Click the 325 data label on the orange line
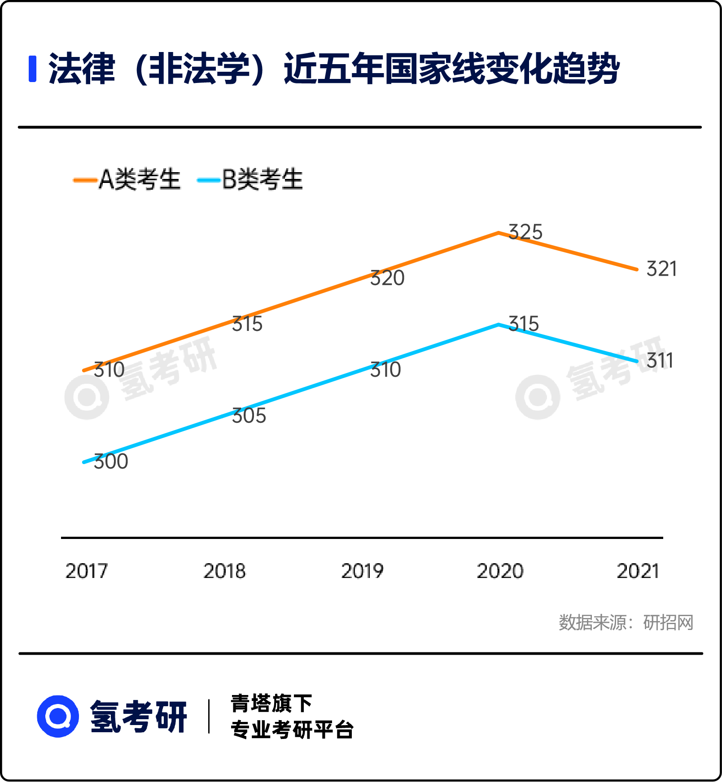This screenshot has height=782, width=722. coord(525,232)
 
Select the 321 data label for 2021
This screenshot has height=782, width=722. coord(661,269)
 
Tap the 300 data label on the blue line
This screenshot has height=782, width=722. coord(111,461)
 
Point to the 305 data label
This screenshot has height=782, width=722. coord(249,416)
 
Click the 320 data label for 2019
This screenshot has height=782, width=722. coord(387,278)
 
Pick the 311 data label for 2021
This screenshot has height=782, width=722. coord(660,361)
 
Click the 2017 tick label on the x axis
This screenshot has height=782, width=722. coord(87,571)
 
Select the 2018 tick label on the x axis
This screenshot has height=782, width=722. coord(224,571)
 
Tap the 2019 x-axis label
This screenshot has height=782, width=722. coord(362,571)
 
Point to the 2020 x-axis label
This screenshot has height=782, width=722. coord(500,571)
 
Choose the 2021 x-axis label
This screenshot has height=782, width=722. coord(638,571)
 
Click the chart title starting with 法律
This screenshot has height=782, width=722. coord(334,69)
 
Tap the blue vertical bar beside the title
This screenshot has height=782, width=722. coord(32,69)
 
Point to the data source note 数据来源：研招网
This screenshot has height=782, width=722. coord(626,622)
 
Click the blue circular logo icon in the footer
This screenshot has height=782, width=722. coord(58,716)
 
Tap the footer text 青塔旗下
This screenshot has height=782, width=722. coord(271,703)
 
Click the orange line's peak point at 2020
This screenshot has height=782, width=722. coord(499,233)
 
